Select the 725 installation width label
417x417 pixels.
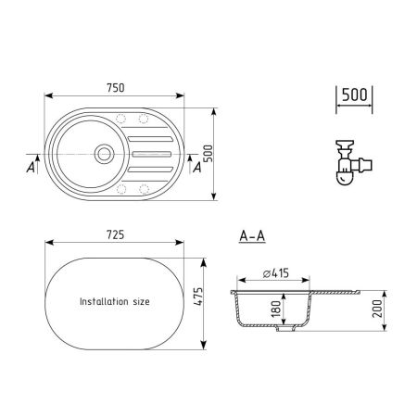(115, 235)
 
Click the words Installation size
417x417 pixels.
(115, 302)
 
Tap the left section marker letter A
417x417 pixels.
(31, 169)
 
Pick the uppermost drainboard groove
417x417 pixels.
(152, 138)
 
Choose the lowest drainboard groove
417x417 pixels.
(152, 169)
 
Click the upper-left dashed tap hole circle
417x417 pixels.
(123, 118)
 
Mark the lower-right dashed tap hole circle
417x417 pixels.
(144, 190)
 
